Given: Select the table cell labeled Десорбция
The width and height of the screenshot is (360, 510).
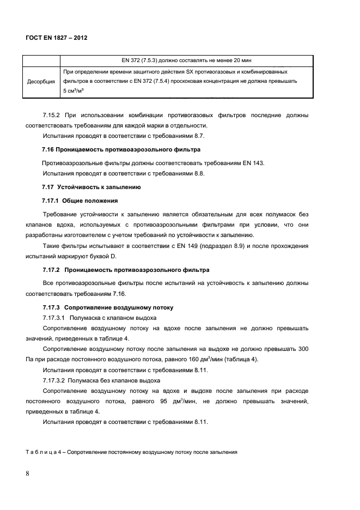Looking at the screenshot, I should [x=41, y=82].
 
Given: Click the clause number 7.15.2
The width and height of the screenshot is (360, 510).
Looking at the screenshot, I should [x=53, y=115].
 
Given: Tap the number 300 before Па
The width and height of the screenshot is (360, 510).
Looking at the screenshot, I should [x=303, y=349].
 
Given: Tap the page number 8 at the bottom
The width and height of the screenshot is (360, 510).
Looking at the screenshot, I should [x=27, y=473].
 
